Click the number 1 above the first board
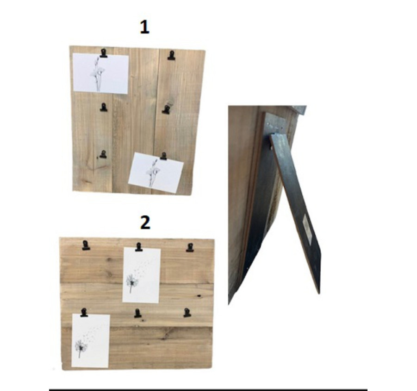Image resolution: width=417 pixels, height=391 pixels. [x=145, y=27]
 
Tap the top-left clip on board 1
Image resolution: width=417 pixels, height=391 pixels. [x=103, y=53]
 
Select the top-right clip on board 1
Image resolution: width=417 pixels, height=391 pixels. [x=171, y=56]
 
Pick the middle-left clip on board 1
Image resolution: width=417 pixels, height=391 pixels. [x=104, y=107]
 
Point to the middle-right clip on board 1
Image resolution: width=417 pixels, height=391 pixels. [x=166, y=109]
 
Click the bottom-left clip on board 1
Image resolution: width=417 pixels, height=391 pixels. [x=103, y=154]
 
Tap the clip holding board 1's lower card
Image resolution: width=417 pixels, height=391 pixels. [x=163, y=156]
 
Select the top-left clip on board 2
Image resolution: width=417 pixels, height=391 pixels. [x=86, y=245]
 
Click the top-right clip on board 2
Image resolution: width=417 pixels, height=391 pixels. [x=190, y=247]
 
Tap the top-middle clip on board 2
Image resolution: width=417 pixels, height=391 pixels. [x=139, y=247]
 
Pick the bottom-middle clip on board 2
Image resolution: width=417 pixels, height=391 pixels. [x=137, y=314]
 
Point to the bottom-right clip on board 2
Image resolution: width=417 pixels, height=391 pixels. [x=187, y=312]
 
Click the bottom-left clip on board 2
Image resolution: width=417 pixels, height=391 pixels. [x=84, y=312]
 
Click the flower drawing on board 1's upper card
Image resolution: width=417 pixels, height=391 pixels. [x=98, y=74]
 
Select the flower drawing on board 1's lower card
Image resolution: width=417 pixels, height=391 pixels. [x=152, y=173]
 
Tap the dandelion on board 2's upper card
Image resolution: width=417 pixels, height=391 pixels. [x=132, y=281]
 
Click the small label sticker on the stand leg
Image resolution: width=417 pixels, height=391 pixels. [x=307, y=229]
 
